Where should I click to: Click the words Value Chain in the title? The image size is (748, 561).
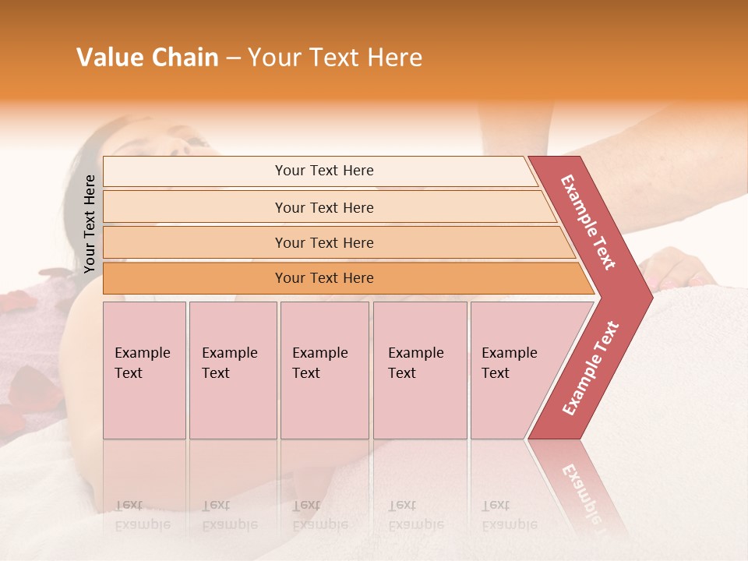pyautogui.click(x=147, y=58)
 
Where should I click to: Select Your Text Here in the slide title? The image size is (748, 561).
pyautogui.click(x=335, y=58)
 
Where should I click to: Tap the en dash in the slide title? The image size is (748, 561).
pyautogui.click(x=233, y=58)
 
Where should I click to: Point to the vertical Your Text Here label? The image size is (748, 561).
pyautogui.click(x=90, y=224)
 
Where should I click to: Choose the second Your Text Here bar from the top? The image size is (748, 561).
pyautogui.click(x=324, y=207)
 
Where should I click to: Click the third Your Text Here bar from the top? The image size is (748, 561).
pyautogui.click(x=324, y=242)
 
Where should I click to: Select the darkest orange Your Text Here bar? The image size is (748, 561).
pyautogui.click(x=324, y=278)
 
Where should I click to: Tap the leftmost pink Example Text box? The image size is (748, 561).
pyautogui.click(x=144, y=370)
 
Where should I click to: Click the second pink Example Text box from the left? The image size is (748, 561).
pyautogui.click(x=233, y=370)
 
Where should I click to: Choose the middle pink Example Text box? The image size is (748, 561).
pyautogui.click(x=324, y=370)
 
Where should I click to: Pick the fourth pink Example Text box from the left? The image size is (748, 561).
pyautogui.click(x=420, y=370)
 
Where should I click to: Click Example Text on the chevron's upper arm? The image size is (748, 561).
pyautogui.click(x=588, y=222)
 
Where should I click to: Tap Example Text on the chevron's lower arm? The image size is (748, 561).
pyautogui.click(x=591, y=369)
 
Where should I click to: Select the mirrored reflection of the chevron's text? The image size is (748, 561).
pyautogui.click(x=584, y=491)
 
